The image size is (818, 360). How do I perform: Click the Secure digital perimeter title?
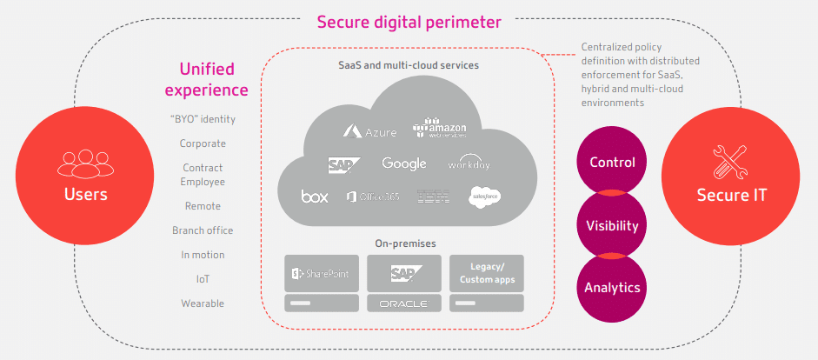[409, 21]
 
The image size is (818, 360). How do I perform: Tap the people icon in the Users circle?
[86, 163]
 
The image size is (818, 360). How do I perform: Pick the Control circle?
[612, 163]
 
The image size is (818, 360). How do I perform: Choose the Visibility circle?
[612, 225]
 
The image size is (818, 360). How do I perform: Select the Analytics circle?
[612, 288]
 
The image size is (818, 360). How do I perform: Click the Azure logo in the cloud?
[369, 132]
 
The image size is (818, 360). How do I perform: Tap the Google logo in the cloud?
[404, 163]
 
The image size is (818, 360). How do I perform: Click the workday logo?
[469, 163]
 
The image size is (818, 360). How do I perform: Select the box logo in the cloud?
[315, 196]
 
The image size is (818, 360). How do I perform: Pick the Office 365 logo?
[373, 197]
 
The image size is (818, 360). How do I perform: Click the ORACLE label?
[403, 303]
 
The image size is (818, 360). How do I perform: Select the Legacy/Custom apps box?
[486, 273]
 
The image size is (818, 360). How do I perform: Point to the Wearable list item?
[203, 303]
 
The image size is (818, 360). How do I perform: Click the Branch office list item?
[203, 230]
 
